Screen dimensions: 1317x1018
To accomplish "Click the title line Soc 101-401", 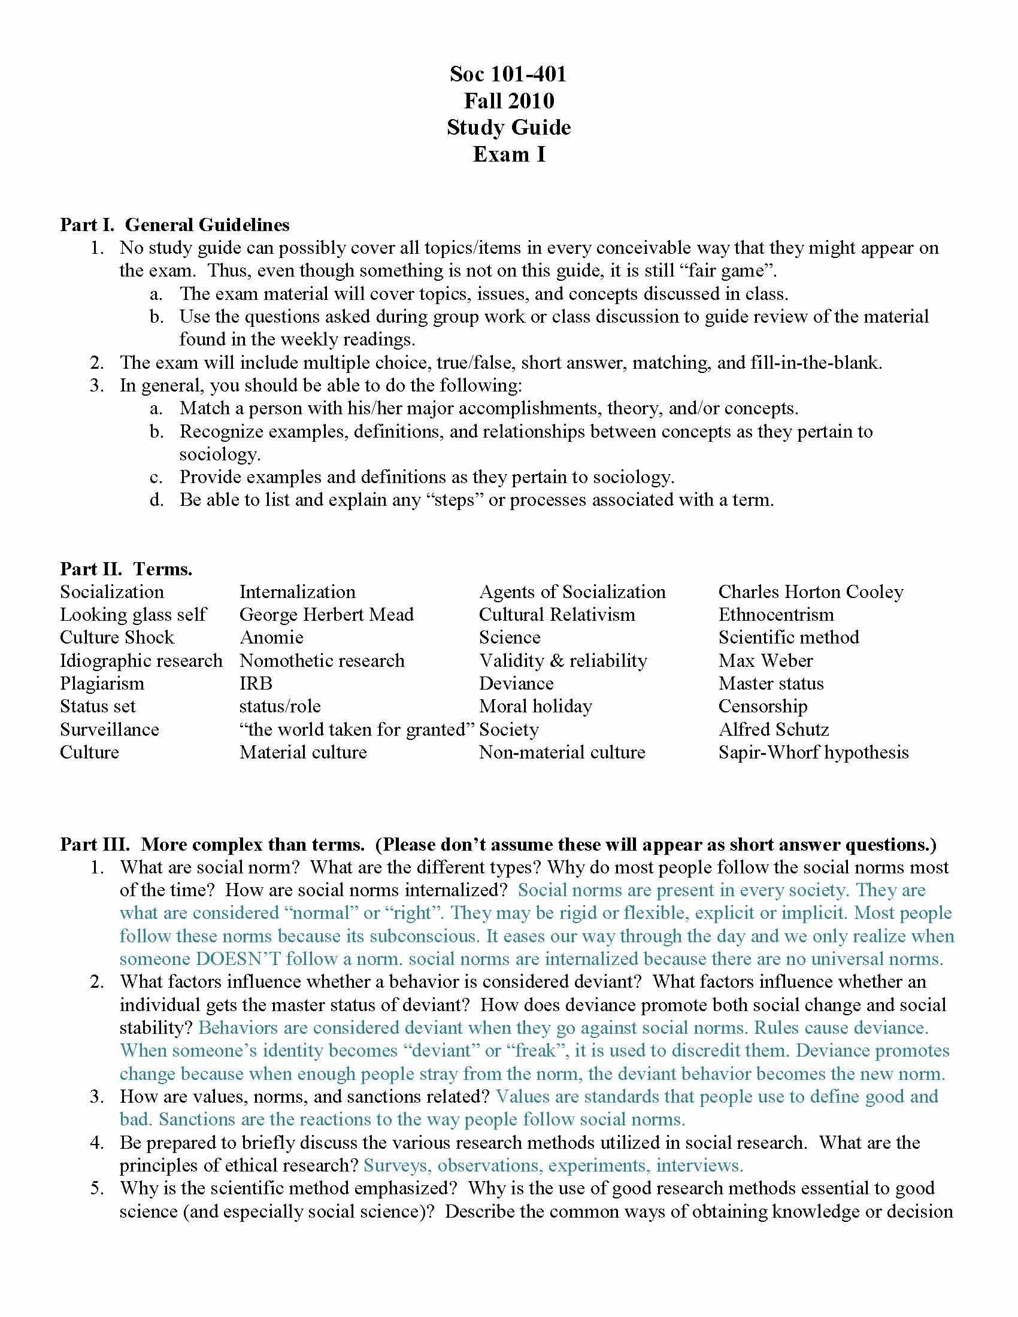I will [x=508, y=74].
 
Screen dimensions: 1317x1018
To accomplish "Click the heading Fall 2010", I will [x=508, y=101].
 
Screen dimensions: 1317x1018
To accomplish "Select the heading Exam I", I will [x=508, y=154].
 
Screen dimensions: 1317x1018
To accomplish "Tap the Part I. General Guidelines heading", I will [x=174, y=225].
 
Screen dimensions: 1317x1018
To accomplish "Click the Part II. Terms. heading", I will [x=126, y=569].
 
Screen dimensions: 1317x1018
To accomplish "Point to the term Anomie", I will [x=271, y=638].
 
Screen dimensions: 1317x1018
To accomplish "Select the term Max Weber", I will [x=765, y=660].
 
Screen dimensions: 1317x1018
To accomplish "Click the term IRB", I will [x=256, y=683].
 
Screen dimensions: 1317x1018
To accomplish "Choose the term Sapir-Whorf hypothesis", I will [x=813, y=752].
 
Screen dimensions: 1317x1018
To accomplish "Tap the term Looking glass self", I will [x=133, y=614].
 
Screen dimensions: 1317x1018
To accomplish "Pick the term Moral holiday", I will [x=535, y=706].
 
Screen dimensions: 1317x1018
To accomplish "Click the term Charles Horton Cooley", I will [x=811, y=591].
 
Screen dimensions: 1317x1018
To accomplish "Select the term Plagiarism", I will [x=102, y=683].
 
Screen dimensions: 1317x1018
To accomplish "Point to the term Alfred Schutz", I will [x=773, y=729].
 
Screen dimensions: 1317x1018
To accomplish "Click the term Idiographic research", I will [x=141, y=660].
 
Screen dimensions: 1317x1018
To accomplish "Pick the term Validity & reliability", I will [x=562, y=660].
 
